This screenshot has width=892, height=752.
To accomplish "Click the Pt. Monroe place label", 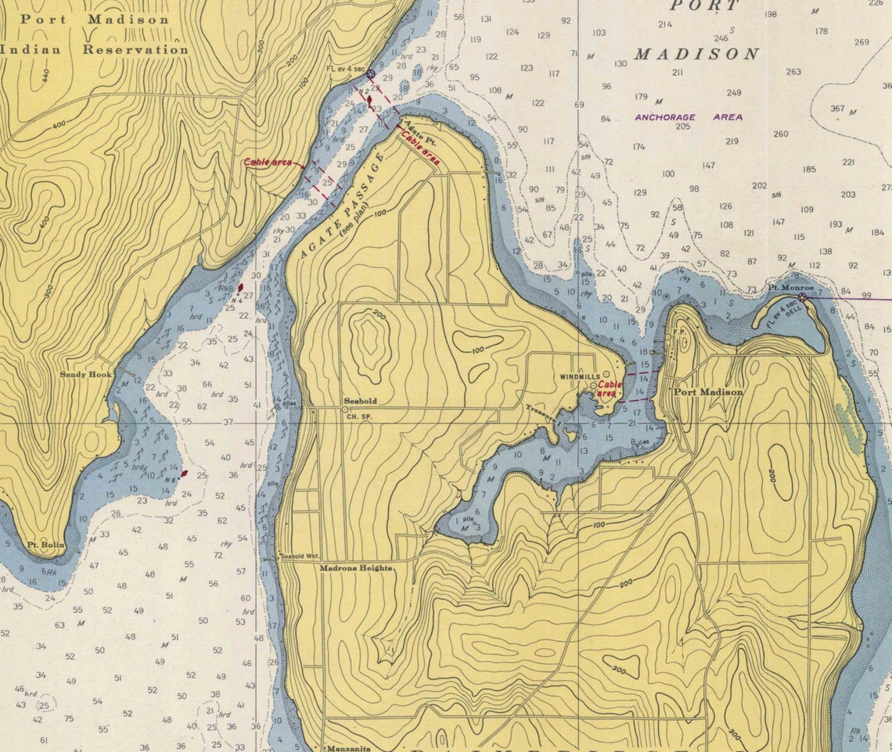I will (789, 288).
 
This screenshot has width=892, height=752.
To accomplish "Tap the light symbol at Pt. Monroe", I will (802, 297).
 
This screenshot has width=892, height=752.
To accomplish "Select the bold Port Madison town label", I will (708, 392).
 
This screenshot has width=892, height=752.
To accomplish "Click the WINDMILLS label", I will (579, 377).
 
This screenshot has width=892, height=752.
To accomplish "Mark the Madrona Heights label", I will (356, 569).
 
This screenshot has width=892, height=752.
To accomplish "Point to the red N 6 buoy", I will (183, 474).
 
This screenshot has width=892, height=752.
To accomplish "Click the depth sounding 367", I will (837, 109).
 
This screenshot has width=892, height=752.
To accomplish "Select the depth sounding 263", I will (793, 72).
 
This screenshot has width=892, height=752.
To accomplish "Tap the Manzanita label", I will (347, 748).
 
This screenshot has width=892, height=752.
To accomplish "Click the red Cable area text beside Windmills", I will (608, 389).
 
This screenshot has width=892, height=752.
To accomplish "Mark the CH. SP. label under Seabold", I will (358, 417).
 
